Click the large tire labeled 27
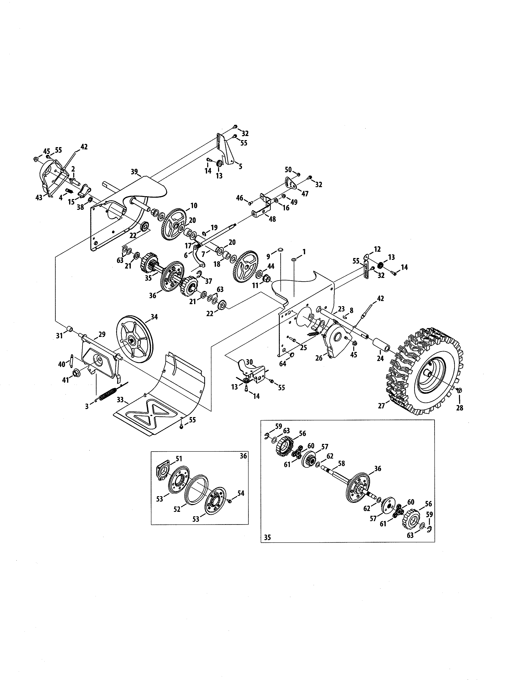(x=427, y=372)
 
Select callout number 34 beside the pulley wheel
(x=154, y=317)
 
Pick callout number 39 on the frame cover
(x=134, y=172)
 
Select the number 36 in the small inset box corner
(x=243, y=456)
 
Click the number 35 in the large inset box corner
(x=267, y=537)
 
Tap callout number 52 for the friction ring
(x=177, y=510)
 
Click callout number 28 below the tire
(x=460, y=408)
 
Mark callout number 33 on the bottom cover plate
(x=120, y=400)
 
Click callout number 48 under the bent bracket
(x=272, y=219)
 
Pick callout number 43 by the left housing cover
(x=39, y=197)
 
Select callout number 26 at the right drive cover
(x=319, y=358)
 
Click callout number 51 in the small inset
(x=179, y=459)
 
